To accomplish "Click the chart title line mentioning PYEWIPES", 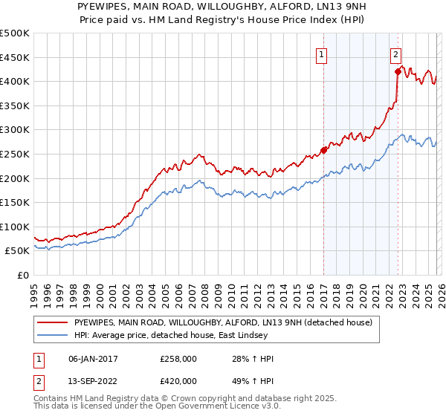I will tap(222, 6).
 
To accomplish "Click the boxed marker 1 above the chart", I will tap(323, 53).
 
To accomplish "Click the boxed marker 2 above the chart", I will tap(396, 53).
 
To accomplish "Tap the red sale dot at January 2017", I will tap(323, 149).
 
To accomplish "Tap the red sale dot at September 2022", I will tap(398, 71).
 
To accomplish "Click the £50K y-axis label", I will tap(18, 251).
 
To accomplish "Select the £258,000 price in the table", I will tap(178, 359).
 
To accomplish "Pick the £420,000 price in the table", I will tap(178, 384).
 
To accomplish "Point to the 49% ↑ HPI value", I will tap(253, 384).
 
